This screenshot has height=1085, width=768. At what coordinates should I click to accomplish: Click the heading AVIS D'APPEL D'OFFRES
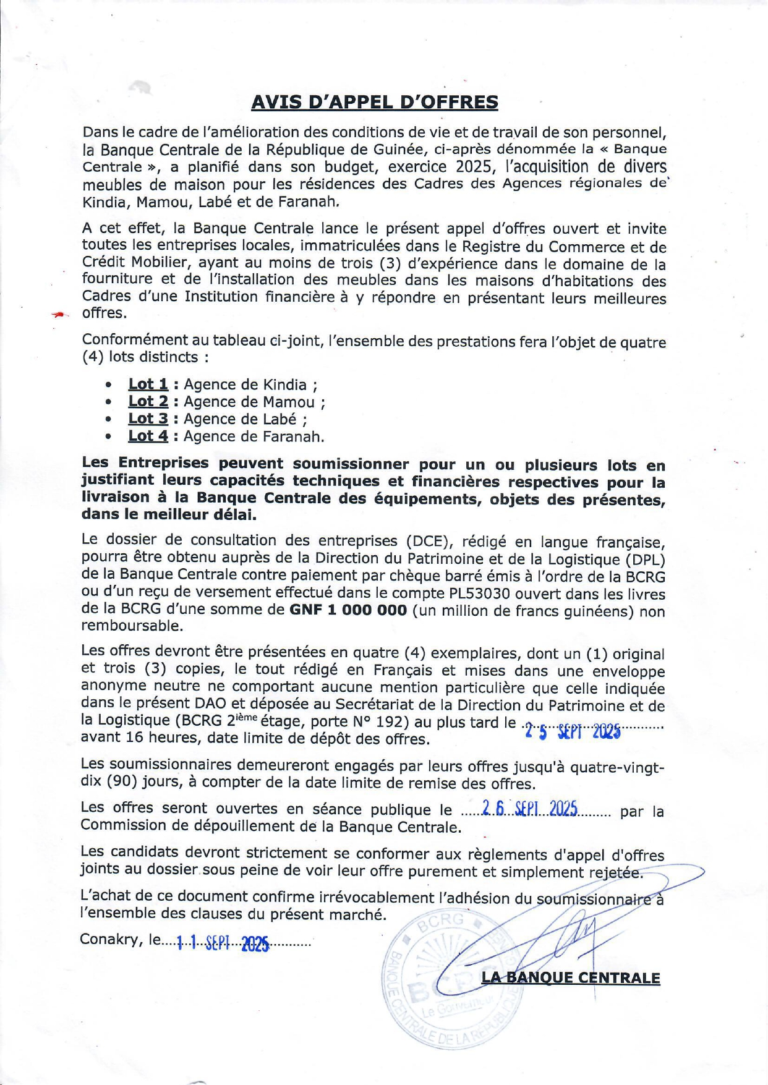(x=374, y=102)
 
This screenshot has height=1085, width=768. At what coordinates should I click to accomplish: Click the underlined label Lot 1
(x=148, y=385)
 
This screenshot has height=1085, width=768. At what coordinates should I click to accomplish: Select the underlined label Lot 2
(x=148, y=402)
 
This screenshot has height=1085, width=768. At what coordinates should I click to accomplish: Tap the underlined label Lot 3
(x=148, y=419)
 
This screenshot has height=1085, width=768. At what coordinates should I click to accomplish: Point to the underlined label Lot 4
(x=148, y=436)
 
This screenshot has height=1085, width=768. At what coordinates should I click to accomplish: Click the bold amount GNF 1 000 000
(x=348, y=611)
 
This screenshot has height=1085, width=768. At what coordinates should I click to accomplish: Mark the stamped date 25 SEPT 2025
(x=572, y=733)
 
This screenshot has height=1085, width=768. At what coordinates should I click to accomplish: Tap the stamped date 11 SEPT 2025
(x=223, y=943)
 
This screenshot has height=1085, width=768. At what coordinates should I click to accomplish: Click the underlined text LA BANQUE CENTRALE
(x=570, y=978)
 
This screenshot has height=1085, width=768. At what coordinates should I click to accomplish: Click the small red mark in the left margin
(x=59, y=315)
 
